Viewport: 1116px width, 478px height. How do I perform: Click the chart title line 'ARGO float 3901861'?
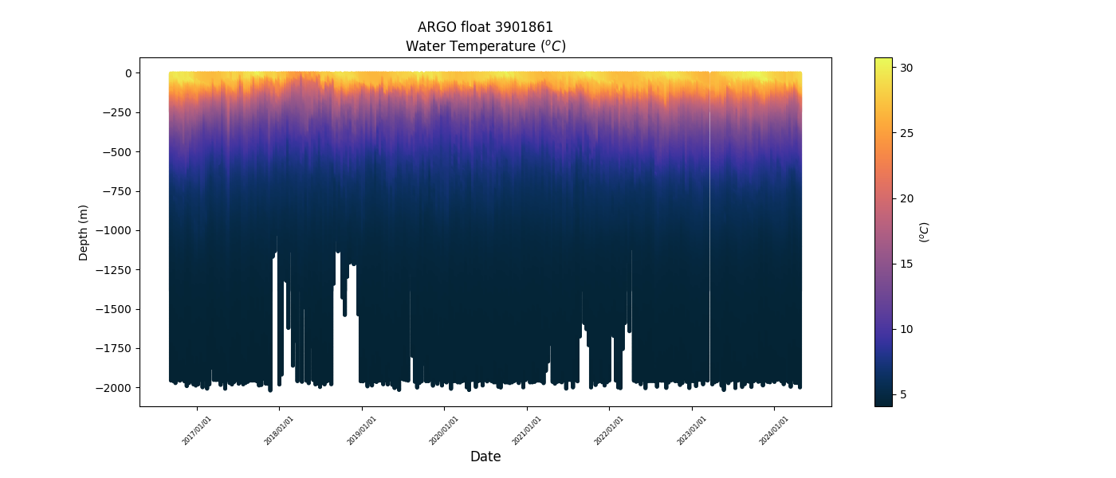tap(485, 27)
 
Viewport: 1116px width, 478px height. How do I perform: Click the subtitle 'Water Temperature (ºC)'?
tap(485, 46)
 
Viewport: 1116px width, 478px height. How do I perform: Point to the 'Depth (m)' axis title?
tap(84, 232)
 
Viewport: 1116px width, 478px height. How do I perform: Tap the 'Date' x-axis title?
tap(485, 456)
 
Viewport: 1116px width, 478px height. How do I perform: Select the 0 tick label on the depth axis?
tap(127, 73)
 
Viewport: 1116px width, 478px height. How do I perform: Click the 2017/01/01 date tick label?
tap(197, 430)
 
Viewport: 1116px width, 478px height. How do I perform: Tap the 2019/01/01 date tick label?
tap(362, 430)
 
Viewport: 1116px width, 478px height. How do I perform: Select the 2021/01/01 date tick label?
tap(527, 430)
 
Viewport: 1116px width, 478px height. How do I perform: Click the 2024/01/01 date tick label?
tap(774, 430)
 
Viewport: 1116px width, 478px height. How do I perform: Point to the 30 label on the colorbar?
tap(906, 68)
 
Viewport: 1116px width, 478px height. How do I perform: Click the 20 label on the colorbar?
tap(906, 198)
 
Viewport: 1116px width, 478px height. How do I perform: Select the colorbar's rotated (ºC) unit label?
tap(925, 232)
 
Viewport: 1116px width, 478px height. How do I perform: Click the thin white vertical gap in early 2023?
tap(709, 239)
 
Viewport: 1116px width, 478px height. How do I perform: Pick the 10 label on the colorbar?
tap(906, 329)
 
